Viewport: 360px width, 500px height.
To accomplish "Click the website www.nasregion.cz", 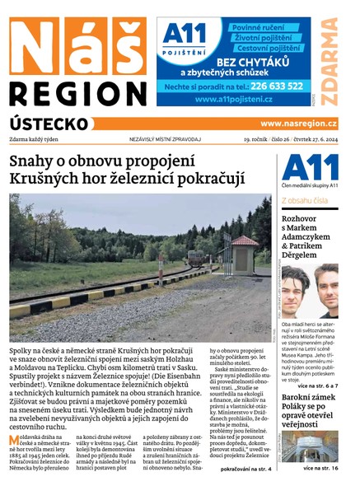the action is click(x=298, y=124).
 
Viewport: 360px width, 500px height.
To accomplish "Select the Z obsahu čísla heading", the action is click(x=305, y=200).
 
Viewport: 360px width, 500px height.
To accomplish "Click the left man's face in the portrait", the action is click(x=297, y=288).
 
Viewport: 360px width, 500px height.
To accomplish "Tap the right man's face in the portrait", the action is click(x=326, y=290).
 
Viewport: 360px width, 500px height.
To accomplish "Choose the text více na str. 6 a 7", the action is click(x=316, y=386).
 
